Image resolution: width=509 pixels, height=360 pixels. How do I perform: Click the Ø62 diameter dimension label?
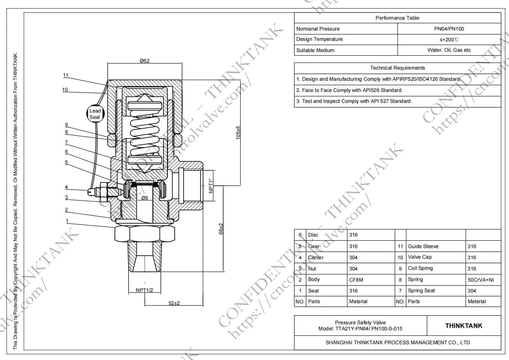click(145, 61)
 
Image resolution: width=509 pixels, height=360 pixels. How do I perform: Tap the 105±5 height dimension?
click(238, 133)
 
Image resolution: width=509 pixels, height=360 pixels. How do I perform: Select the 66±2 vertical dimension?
click(221, 229)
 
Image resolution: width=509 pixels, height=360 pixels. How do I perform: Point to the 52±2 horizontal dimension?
click(174, 303)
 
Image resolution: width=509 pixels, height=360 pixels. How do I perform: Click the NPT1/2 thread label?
click(144, 290)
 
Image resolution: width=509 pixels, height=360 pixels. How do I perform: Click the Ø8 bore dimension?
click(145, 198)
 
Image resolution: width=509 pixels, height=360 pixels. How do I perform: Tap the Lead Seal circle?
click(95, 114)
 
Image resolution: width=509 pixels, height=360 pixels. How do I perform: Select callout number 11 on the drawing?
click(66, 75)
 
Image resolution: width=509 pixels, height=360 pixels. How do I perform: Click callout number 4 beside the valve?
click(67, 187)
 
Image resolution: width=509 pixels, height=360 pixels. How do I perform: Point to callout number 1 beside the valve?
click(67, 221)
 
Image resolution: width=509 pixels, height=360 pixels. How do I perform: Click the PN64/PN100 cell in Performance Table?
click(449, 29)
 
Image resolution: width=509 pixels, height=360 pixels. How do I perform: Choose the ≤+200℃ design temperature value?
click(449, 40)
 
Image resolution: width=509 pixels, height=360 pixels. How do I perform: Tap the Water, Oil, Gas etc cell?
click(449, 50)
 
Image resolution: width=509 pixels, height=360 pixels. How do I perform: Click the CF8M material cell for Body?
click(356, 280)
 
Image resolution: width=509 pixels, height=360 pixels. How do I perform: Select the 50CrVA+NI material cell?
click(481, 280)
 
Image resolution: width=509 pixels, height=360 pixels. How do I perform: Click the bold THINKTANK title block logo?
click(464, 326)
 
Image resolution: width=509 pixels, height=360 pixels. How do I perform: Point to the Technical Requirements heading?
click(397, 68)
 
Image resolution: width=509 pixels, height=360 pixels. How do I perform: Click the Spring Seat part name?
click(421, 291)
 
